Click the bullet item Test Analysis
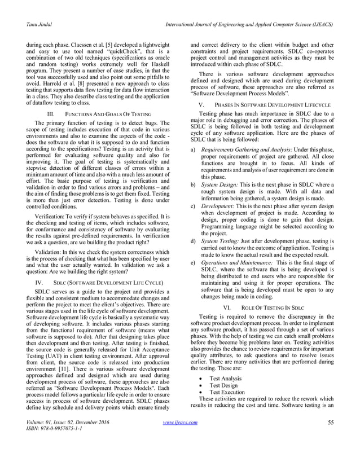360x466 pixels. click(x=226, y=379)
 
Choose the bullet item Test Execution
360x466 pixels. click(x=227, y=392)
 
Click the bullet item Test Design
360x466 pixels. click(x=225, y=385)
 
